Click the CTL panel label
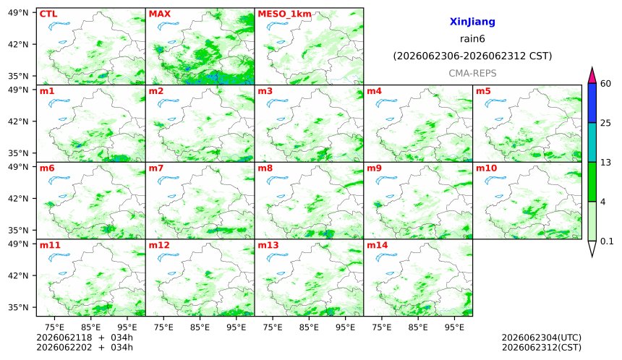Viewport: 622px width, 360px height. tap(48, 14)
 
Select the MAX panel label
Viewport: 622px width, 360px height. tap(159, 14)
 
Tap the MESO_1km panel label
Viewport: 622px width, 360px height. tap(284, 14)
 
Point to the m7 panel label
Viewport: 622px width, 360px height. tap(156, 168)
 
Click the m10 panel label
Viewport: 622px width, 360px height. tap(486, 168)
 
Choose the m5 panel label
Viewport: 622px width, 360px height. tap(483, 91)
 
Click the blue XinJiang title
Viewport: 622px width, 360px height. tap(472, 22)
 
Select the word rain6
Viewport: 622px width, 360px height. tap(472, 39)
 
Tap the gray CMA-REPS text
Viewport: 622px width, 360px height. tap(472, 73)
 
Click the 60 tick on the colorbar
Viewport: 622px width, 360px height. tap(606, 84)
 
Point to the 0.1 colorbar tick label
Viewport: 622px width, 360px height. tap(607, 241)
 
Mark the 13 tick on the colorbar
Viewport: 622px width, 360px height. tap(606, 163)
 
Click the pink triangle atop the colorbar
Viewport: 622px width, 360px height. tap(592, 76)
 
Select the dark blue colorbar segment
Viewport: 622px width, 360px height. tap(592, 103)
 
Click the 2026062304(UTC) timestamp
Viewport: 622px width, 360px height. tap(542, 338)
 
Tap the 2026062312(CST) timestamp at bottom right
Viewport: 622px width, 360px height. tap(542, 348)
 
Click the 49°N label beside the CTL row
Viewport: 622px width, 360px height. tap(18, 13)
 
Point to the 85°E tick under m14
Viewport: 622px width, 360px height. tap(418, 327)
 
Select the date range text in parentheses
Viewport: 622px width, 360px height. tap(472, 56)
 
